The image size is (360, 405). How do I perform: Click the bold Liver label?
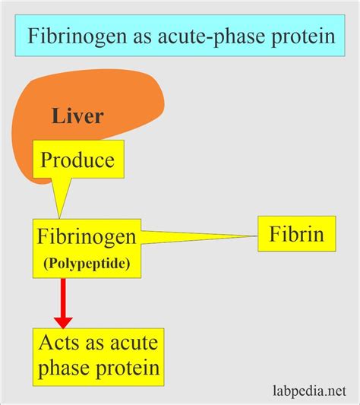coord(78,117)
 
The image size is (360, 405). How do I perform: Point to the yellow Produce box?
coord(77,160)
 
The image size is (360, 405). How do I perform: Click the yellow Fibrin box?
coord(296,233)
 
